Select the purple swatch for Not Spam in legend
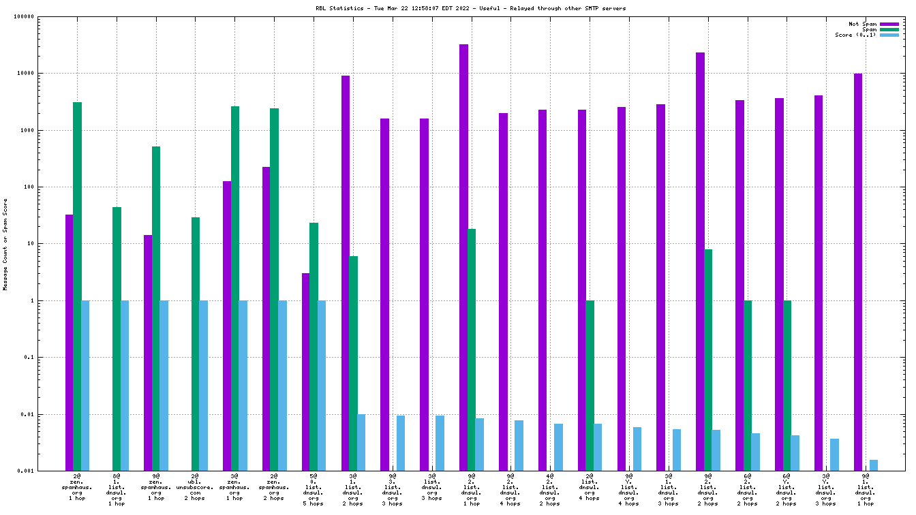coord(889,24)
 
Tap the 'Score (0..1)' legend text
coord(856,35)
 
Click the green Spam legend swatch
coord(889,29)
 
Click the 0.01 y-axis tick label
coord(27,414)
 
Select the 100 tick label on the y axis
coord(28,187)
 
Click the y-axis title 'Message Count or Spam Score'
coord(5,245)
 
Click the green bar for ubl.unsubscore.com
coord(196,344)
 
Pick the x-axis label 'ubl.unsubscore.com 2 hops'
coord(195,488)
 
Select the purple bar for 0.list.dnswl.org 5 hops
coord(306,372)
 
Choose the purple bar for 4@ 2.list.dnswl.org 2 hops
coord(543,290)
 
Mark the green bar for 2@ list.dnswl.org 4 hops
coord(590,386)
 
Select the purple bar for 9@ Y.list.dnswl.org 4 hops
coord(622,289)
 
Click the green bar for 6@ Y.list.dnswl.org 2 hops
coord(787,386)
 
